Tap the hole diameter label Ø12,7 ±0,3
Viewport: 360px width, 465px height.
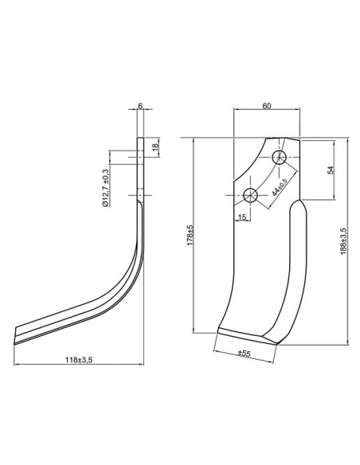tap(105, 186)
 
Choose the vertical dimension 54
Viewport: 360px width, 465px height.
tap(330, 170)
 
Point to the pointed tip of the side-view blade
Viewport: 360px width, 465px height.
tap(15, 338)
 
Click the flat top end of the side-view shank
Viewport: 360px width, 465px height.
tap(140, 140)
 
